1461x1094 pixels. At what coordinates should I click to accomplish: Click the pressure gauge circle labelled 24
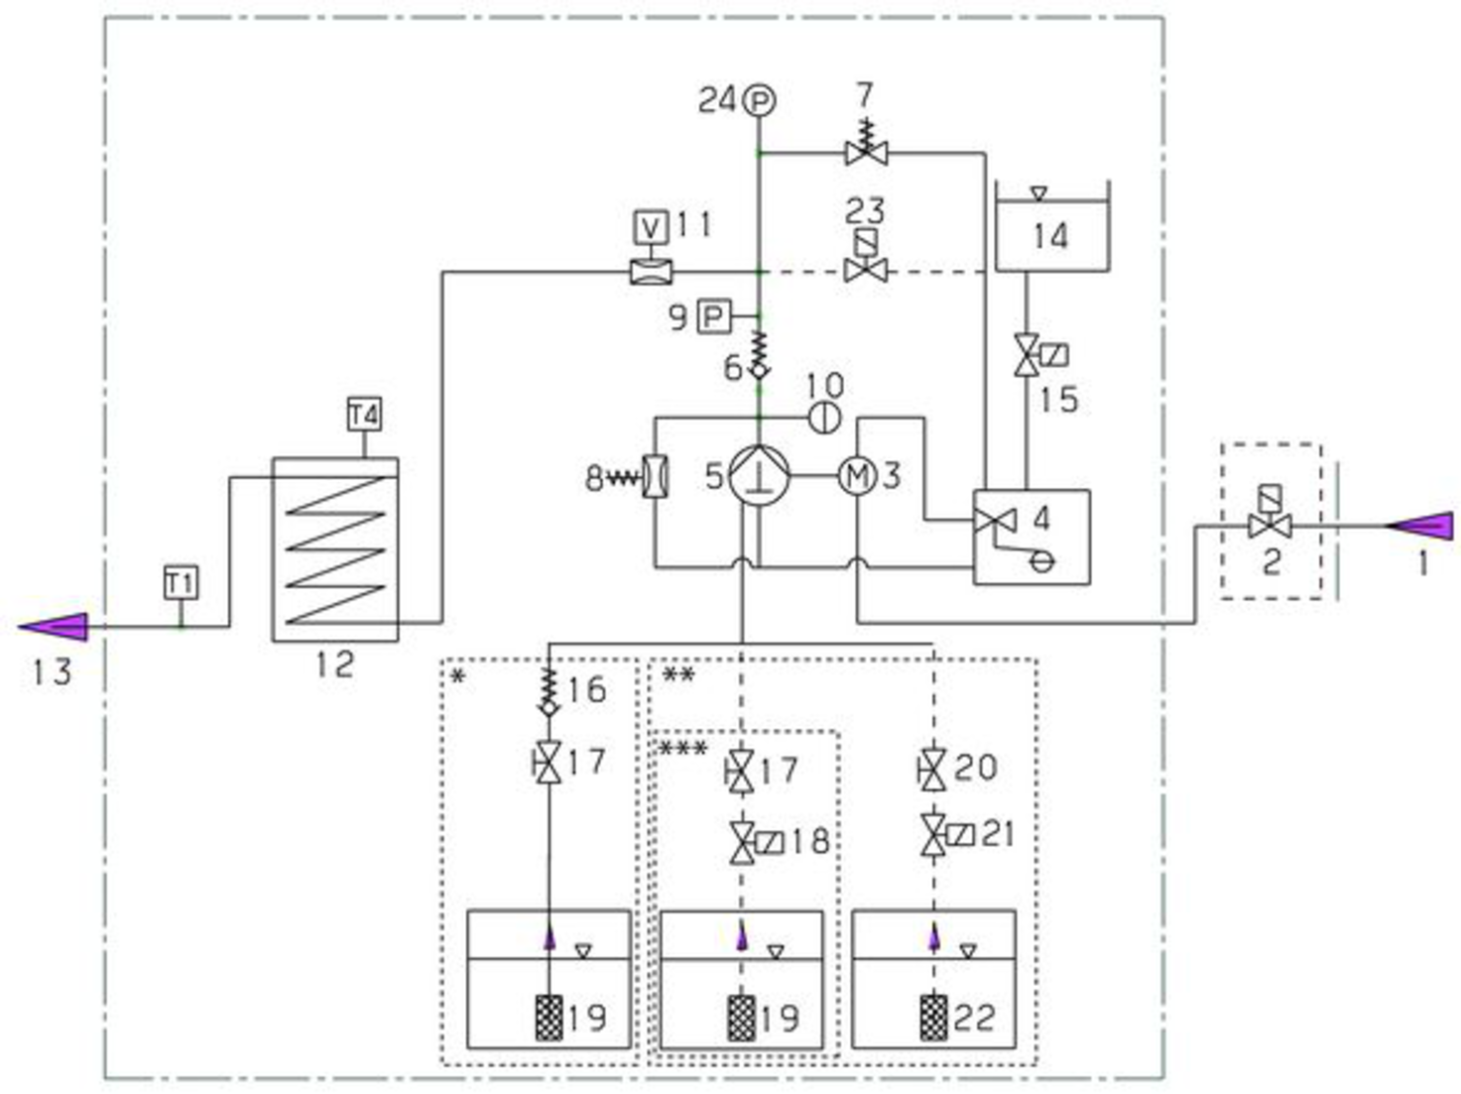pyautogui.click(x=759, y=100)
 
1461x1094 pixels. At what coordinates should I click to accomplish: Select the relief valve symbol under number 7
pyautogui.click(x=866, y=152)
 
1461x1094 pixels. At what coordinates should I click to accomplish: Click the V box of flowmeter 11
pyautogui.click(x=651, y=227)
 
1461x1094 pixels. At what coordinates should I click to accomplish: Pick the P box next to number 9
pyautogui.click(x=712, y=317)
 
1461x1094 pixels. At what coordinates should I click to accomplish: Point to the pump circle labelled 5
pyautogui.click(x=759, y=476)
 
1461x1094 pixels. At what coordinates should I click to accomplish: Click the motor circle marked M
pyautogui.click(x=856, y=477)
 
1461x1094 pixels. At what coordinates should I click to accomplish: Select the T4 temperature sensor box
pyautogui.click(x=364, y=414)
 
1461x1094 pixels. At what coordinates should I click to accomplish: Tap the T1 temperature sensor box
pyautogui.click(x=181, y=582)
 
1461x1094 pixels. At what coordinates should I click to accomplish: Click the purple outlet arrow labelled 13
pyautogui.click(x=55, y=627)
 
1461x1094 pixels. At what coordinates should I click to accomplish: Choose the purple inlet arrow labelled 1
pyautogui.click(x=1420, y=525)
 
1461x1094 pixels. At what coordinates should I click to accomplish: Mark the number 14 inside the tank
pyautogui.click(x=1050, y=236)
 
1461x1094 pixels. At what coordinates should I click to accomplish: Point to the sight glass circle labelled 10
pyautogui.click(x=824, y=418)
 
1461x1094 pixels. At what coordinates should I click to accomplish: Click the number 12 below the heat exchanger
pyautogui.click(x=334, y=664)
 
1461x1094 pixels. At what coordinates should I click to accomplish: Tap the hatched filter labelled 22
pyautogui.click(x=932, y=1018)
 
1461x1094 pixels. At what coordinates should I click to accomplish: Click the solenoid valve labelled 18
pyautogui.click(x=743, y=842)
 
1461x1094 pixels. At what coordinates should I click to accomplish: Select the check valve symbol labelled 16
pyautogui.click(x=548, y=691)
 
